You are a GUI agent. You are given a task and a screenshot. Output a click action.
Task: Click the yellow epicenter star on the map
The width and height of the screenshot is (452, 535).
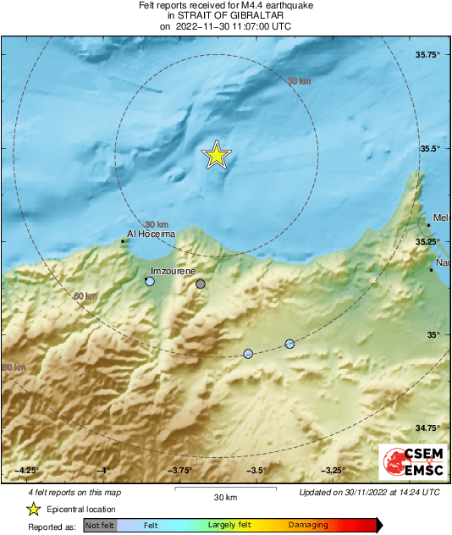click(217, 155)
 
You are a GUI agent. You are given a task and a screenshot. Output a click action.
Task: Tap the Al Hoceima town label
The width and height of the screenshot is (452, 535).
click(151, 233)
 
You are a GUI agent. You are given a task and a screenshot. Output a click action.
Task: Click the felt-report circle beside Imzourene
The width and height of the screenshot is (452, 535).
click(150, 281)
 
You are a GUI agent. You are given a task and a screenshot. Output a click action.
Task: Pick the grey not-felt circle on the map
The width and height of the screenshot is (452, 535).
click(201, 284)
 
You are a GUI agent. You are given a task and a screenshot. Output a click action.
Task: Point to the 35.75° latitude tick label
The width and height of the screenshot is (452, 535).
click(428, 55)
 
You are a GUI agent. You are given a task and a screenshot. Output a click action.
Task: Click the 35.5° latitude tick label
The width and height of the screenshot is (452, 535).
click(431, 148)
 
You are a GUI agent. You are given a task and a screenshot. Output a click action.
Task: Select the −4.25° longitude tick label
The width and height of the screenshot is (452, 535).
click(28, 470)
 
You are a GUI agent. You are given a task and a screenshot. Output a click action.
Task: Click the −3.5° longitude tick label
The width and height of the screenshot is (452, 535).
click(256, 470)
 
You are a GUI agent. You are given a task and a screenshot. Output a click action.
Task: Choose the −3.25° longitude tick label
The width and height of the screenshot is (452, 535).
click(333, 470)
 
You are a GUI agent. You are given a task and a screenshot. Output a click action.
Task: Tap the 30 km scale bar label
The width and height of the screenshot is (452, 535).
click(224, 496)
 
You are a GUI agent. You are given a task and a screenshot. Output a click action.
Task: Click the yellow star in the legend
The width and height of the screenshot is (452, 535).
click(33, 509)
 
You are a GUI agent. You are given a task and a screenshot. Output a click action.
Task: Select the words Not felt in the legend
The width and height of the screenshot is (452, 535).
click(100, 526)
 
